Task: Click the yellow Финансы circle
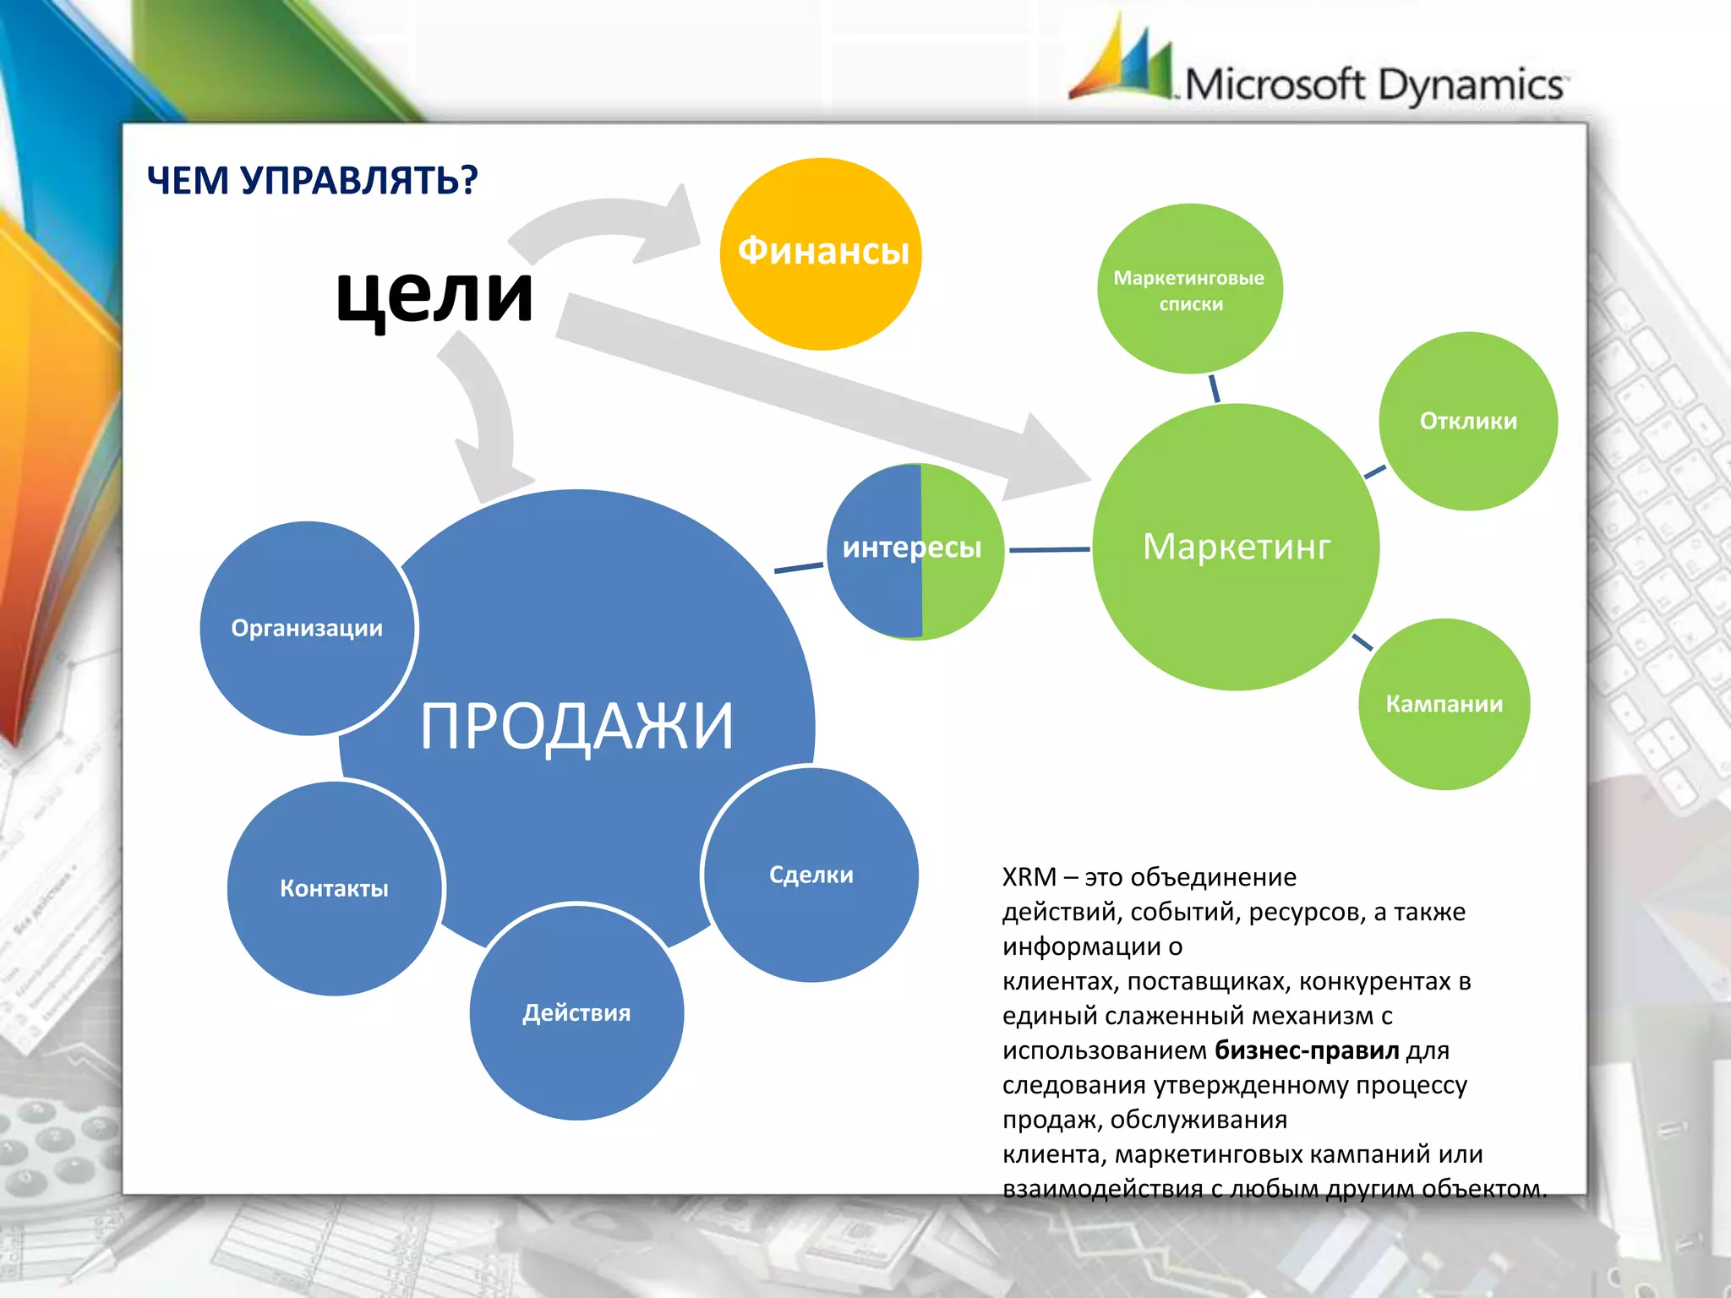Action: click(820, 254)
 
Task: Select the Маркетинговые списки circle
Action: click(1189, 289)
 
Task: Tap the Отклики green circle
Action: click(1468, 421)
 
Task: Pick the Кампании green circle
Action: click(1444, 704)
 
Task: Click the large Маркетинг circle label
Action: click(1236, 547)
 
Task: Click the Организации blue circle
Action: click(308, 628)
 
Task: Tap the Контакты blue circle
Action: click(334, 888)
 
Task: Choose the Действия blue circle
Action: click(576, 1012)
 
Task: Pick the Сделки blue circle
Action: click(811, 875)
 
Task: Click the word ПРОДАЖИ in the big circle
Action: click(576, 726)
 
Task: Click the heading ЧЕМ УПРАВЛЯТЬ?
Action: click(312, 180)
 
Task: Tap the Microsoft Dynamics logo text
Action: click(1373, 85)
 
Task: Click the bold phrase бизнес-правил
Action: click(1307, 1050)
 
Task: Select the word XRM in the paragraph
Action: click(1029, 877)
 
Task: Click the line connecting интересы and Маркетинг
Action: click(1049, 550)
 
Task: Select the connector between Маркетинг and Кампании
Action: click(1362, 642)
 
